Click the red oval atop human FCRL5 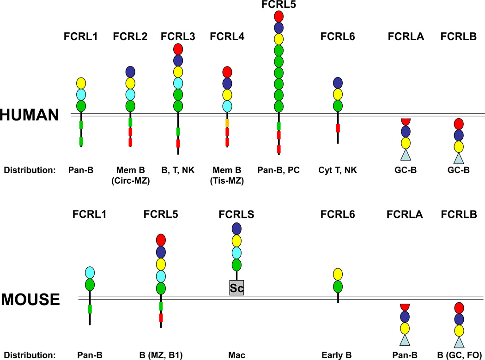point(279,16)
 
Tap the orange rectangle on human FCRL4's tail point(227,123)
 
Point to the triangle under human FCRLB point(458,158)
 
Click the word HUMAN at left point(30,115)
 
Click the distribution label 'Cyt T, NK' point(338,170)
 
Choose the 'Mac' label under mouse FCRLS point(236,355)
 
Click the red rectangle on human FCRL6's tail point(338,128)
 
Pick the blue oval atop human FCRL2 point(130,72)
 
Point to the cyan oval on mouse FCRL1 point(90,272)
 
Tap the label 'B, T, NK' point(178,170)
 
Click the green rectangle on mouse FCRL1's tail point(90,309)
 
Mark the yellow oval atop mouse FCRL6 point(338,275)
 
